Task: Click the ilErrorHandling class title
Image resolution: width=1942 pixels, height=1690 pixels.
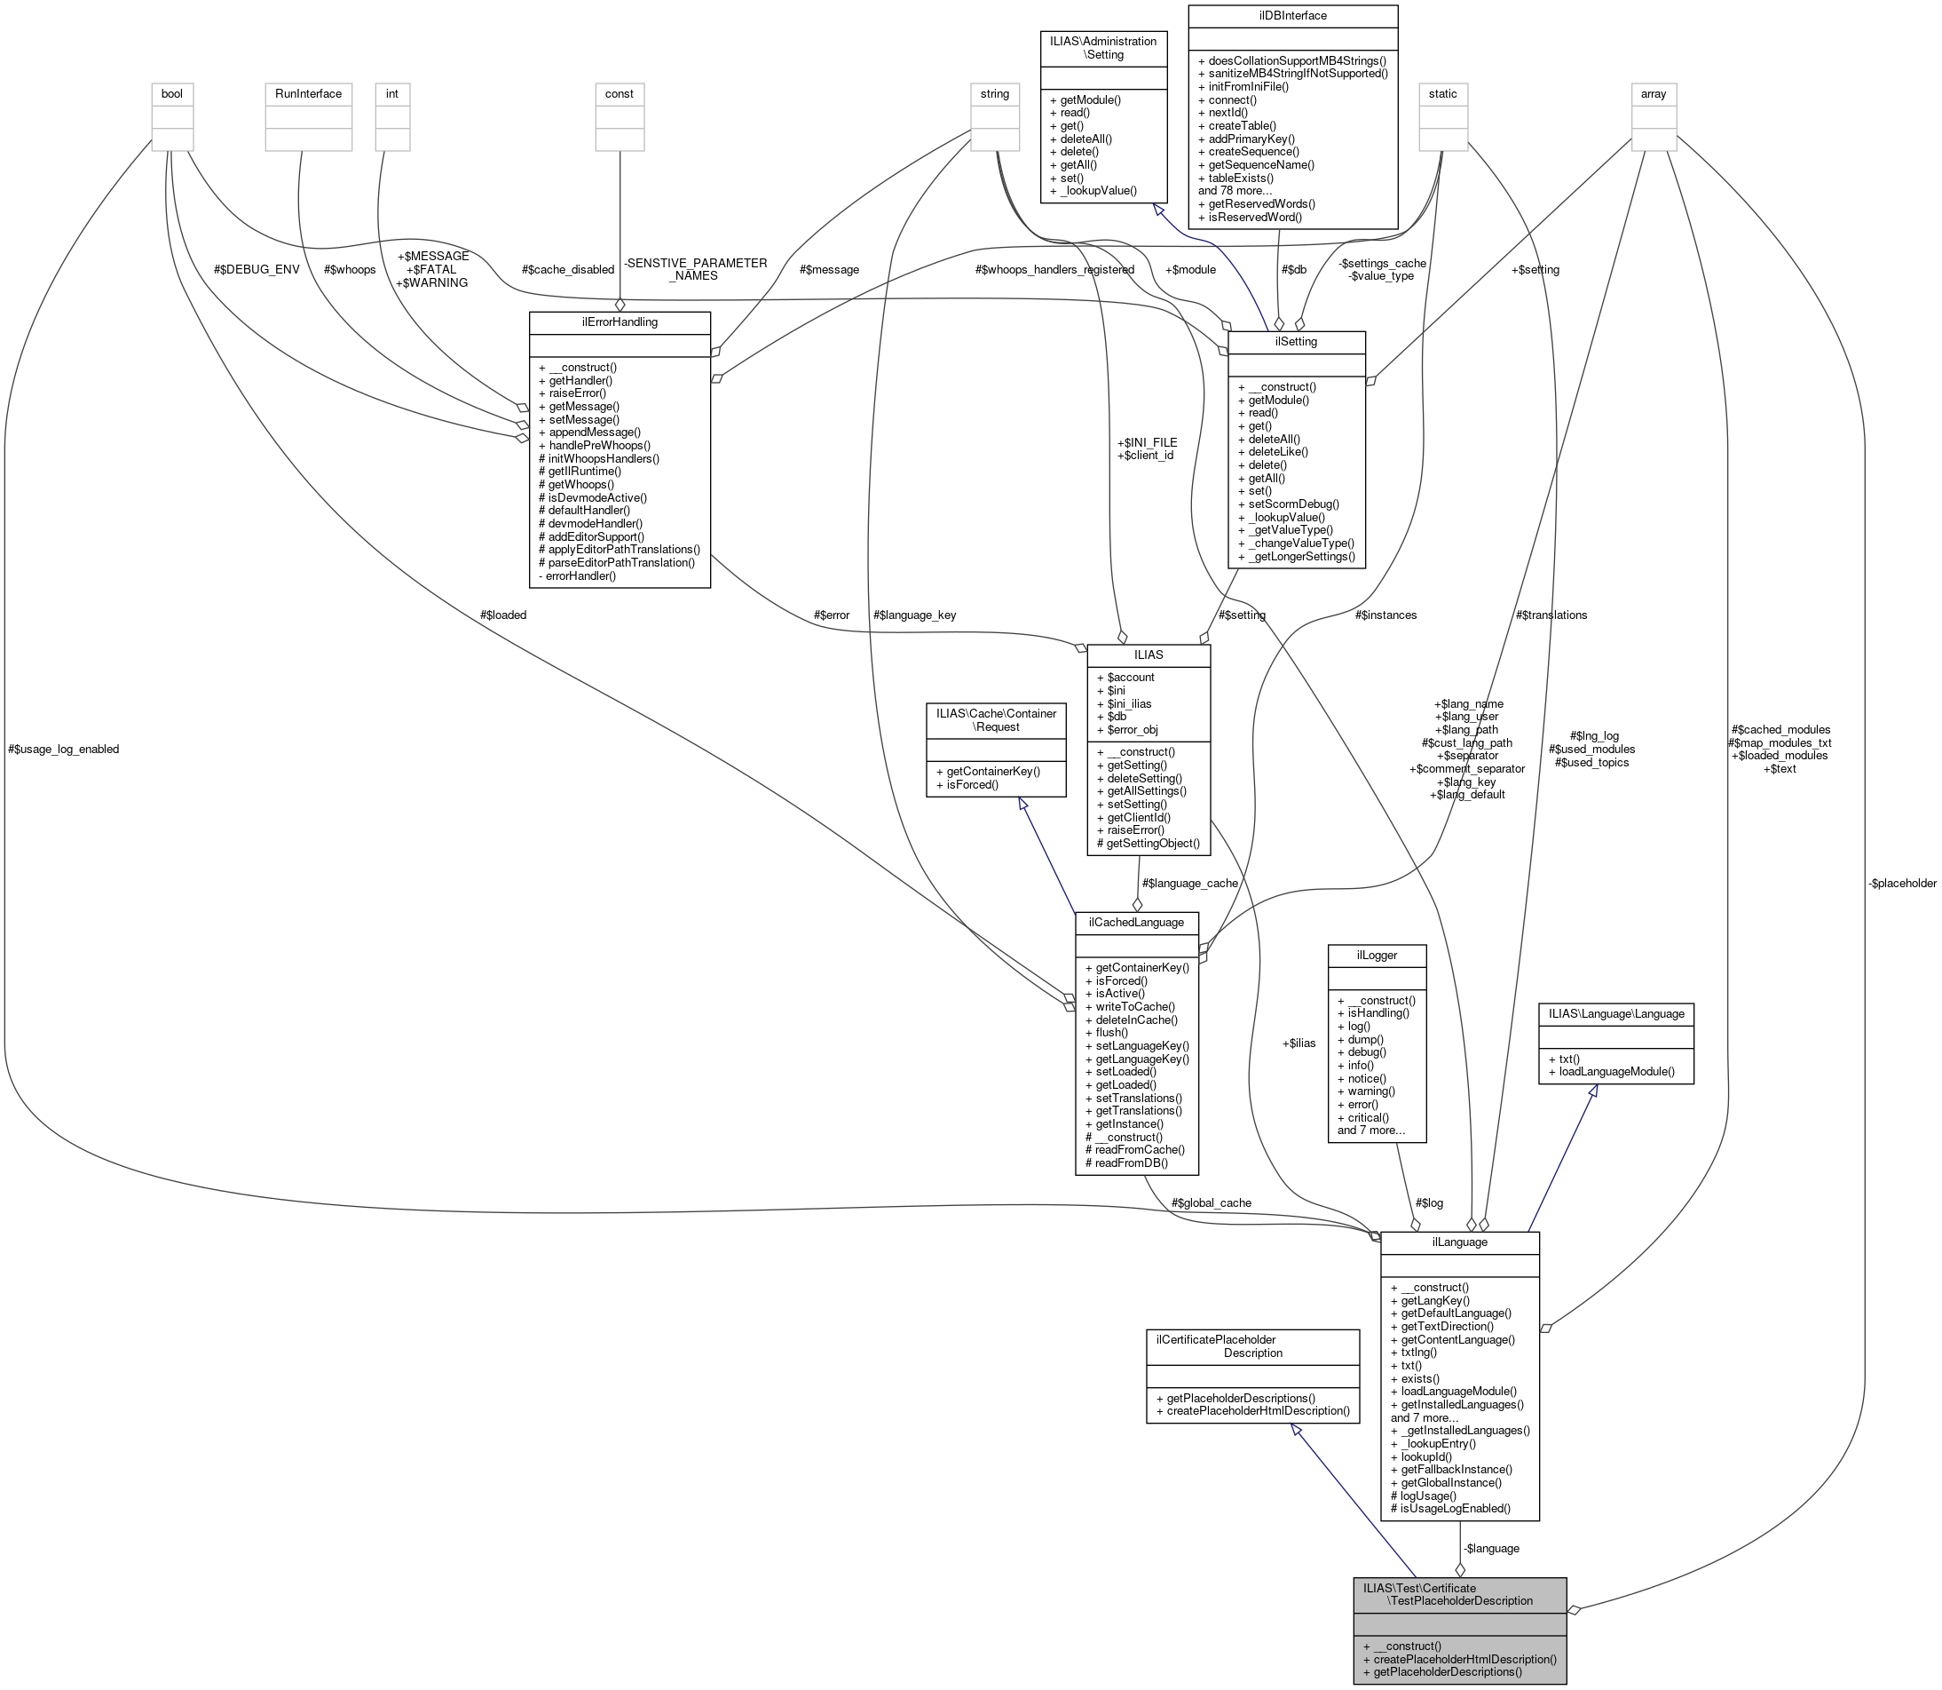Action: click(620, 321)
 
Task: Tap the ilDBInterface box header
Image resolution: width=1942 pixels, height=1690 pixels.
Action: click(1292, 16)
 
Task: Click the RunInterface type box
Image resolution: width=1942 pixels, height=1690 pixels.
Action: click(308, 93)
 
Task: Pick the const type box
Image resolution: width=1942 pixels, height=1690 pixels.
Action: click(620, 93)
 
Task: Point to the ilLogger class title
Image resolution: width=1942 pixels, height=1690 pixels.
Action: click(1377, 956)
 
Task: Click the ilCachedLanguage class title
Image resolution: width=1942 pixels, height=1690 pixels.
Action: click(1136, 923)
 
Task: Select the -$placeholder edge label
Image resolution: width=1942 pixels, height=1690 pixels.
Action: click(1901, 884)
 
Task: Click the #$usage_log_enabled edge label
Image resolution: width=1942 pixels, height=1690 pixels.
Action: click(63, 749)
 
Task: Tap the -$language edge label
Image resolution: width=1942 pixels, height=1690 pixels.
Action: click(1490, 1548)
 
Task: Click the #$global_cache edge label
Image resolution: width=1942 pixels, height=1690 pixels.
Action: click(1212, 1202)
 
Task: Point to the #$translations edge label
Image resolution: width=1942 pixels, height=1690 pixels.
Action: click(1551, 615)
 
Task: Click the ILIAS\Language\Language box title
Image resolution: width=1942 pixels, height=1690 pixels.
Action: click(1616, 1013)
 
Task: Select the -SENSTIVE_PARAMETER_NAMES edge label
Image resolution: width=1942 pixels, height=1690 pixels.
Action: click(696, 270)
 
